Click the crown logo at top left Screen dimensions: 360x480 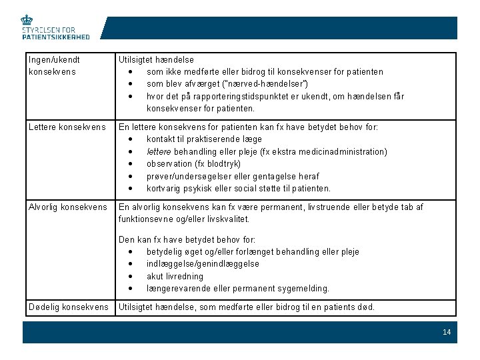pyautogui.click(x=27, y=20)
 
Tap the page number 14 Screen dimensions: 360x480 pyautogui.click(x=446, y=332)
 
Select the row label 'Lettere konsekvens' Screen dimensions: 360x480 pyautogui.click(x=67, y=127)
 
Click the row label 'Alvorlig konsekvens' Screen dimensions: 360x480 pyautogui.click(x=67, y=207)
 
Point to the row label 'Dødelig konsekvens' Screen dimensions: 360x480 pyautogui.click(x=68, y=307)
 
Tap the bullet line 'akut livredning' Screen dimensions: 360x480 pyautogui.click(x=175, y=276)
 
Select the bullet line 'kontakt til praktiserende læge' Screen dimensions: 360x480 pyautogui.click(x=204, y=139)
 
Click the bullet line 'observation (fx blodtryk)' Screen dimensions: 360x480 pyautogui.click(x=194, y=163)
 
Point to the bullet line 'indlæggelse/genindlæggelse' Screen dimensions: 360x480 pyautogui.click(x=203, y=263)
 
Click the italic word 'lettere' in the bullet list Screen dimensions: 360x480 pyautogui.click(x=159, y=151)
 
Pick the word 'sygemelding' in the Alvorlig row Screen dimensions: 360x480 pyautogui.click(x=305, y=288)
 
